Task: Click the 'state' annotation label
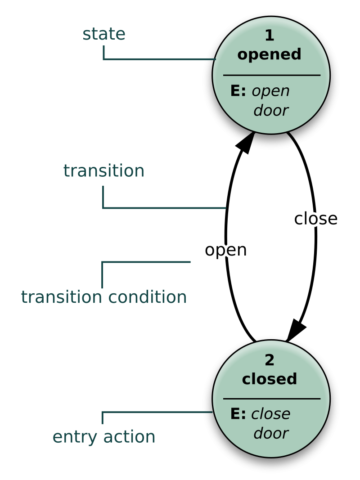[104, 34]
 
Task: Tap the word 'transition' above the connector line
[103, 171]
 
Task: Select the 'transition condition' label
[103, 297]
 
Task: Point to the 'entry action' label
[104, 437]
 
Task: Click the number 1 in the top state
[269, 36]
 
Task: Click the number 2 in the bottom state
[269, 360]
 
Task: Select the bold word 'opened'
[269, 54]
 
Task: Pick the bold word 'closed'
[269, 379]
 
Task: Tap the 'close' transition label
[315, 219]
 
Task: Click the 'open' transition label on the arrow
[225, 250]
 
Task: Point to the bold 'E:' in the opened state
[238, 91]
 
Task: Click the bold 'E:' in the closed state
[238, 414]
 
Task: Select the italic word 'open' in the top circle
[270, 91]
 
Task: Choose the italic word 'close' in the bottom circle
[270, 414]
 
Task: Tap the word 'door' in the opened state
[270, 111]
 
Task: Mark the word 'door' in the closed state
[270, 434]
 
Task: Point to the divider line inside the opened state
[271, 75]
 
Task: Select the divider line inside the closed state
[271, 399]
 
